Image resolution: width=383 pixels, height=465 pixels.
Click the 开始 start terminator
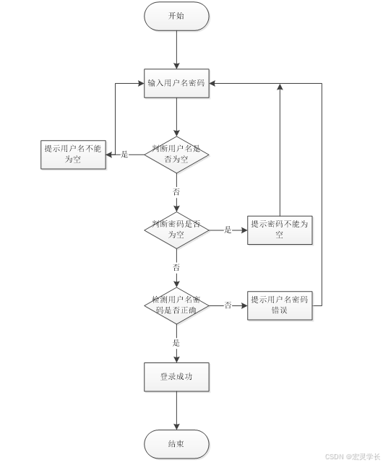click(x=176, y=16)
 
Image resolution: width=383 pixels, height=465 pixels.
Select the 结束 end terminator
click(x=176, y=444)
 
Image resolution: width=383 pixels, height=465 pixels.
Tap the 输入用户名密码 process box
click(x=176, y=83)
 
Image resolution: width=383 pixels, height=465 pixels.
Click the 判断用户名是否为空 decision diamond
click(x=176, y=154)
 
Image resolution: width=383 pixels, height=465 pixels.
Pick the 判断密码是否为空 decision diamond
click(x=176, y=230)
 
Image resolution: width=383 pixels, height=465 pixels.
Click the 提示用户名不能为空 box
click(x=74, y=154)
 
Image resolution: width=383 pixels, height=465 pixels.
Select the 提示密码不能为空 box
click(x=280, y=230)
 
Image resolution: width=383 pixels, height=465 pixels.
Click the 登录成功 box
click(x=176, y=377)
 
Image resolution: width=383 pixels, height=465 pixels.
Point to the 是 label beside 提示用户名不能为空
click(x=124, y=154)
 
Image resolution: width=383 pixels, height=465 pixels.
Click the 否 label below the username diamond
click(x=176, y=191)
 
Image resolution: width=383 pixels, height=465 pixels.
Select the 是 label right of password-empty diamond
click(x=228, y=230)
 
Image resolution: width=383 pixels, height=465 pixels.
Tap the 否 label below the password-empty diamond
click(x=176, y=267)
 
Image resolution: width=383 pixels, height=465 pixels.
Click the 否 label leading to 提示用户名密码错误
click(x=228, y=305)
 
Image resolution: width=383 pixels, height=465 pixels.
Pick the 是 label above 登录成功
click(x=176, y=343)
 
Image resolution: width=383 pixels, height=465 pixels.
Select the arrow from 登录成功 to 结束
click(x=176, y=410)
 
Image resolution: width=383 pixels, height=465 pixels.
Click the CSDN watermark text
click(x=352, y=457)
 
